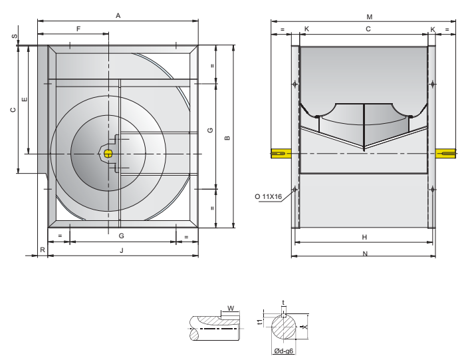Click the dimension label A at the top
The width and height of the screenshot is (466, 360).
pos(118,16)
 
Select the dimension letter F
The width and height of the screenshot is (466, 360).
pos(78,29)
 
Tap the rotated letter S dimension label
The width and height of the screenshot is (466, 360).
pos(15,37)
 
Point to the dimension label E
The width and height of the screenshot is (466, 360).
pos(25,99)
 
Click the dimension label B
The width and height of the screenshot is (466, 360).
pos(227,138)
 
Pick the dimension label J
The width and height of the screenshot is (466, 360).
pos(121,250)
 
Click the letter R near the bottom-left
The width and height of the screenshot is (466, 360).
pos(43,250)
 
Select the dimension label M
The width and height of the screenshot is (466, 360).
pos(370,17)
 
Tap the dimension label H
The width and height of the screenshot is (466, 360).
pos(364,237)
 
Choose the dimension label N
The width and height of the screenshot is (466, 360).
pos(365,254)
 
